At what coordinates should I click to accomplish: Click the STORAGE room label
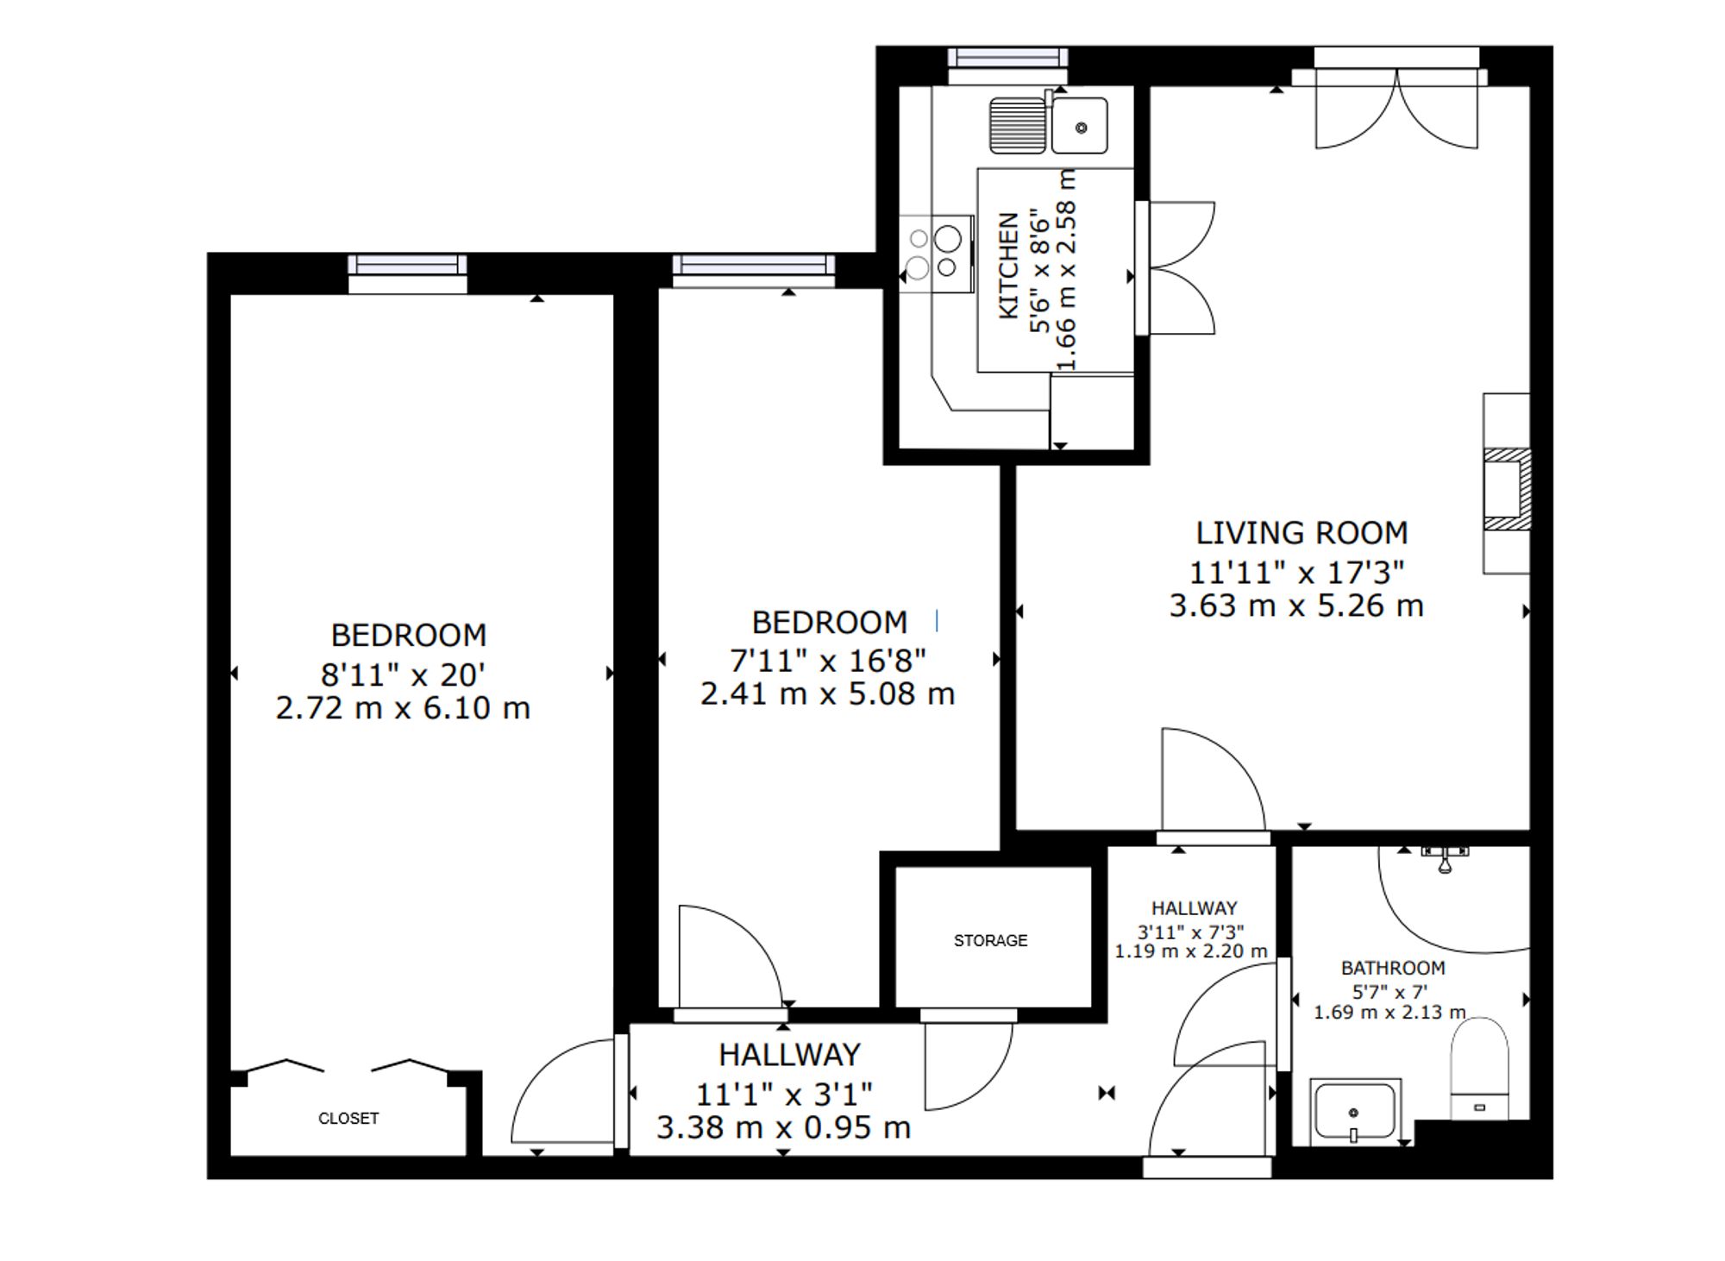(x=990, y=940)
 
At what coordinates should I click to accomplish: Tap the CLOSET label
(x=348, y=1118)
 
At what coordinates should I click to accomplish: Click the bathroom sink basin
(x=1353, y=1112)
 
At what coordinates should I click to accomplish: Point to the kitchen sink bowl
(x=1080, y=127)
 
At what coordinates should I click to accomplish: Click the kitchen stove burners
(x=934, y=253)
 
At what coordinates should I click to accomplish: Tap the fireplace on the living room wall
(x=1506, y=489)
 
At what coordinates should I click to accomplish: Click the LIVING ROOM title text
(x=1302, y=533)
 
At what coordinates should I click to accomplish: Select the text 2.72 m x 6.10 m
(x=403, y=708)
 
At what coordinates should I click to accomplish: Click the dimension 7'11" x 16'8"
(x=828, y=661)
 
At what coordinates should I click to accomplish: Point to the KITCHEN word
(x=1008, y=267)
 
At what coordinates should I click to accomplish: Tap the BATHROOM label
(x=1392, y=968)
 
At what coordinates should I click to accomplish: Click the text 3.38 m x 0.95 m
(x=783, y=1127)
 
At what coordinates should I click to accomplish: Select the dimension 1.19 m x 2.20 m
(x=1191, y=951)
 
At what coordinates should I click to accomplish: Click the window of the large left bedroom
(x=407, y=265)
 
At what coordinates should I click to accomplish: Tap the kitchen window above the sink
(x=1007, y=58)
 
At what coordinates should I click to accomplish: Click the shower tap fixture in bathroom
(x=1445, y=857)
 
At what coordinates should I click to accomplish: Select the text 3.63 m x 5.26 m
(x=1296, y=605)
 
